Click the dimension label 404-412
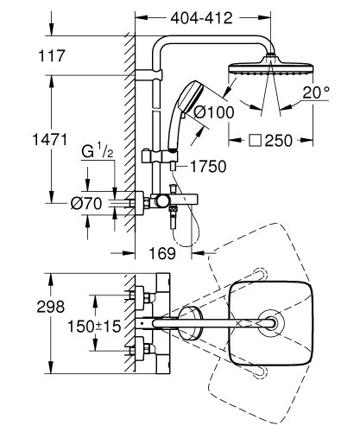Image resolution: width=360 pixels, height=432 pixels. [206, 16]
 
